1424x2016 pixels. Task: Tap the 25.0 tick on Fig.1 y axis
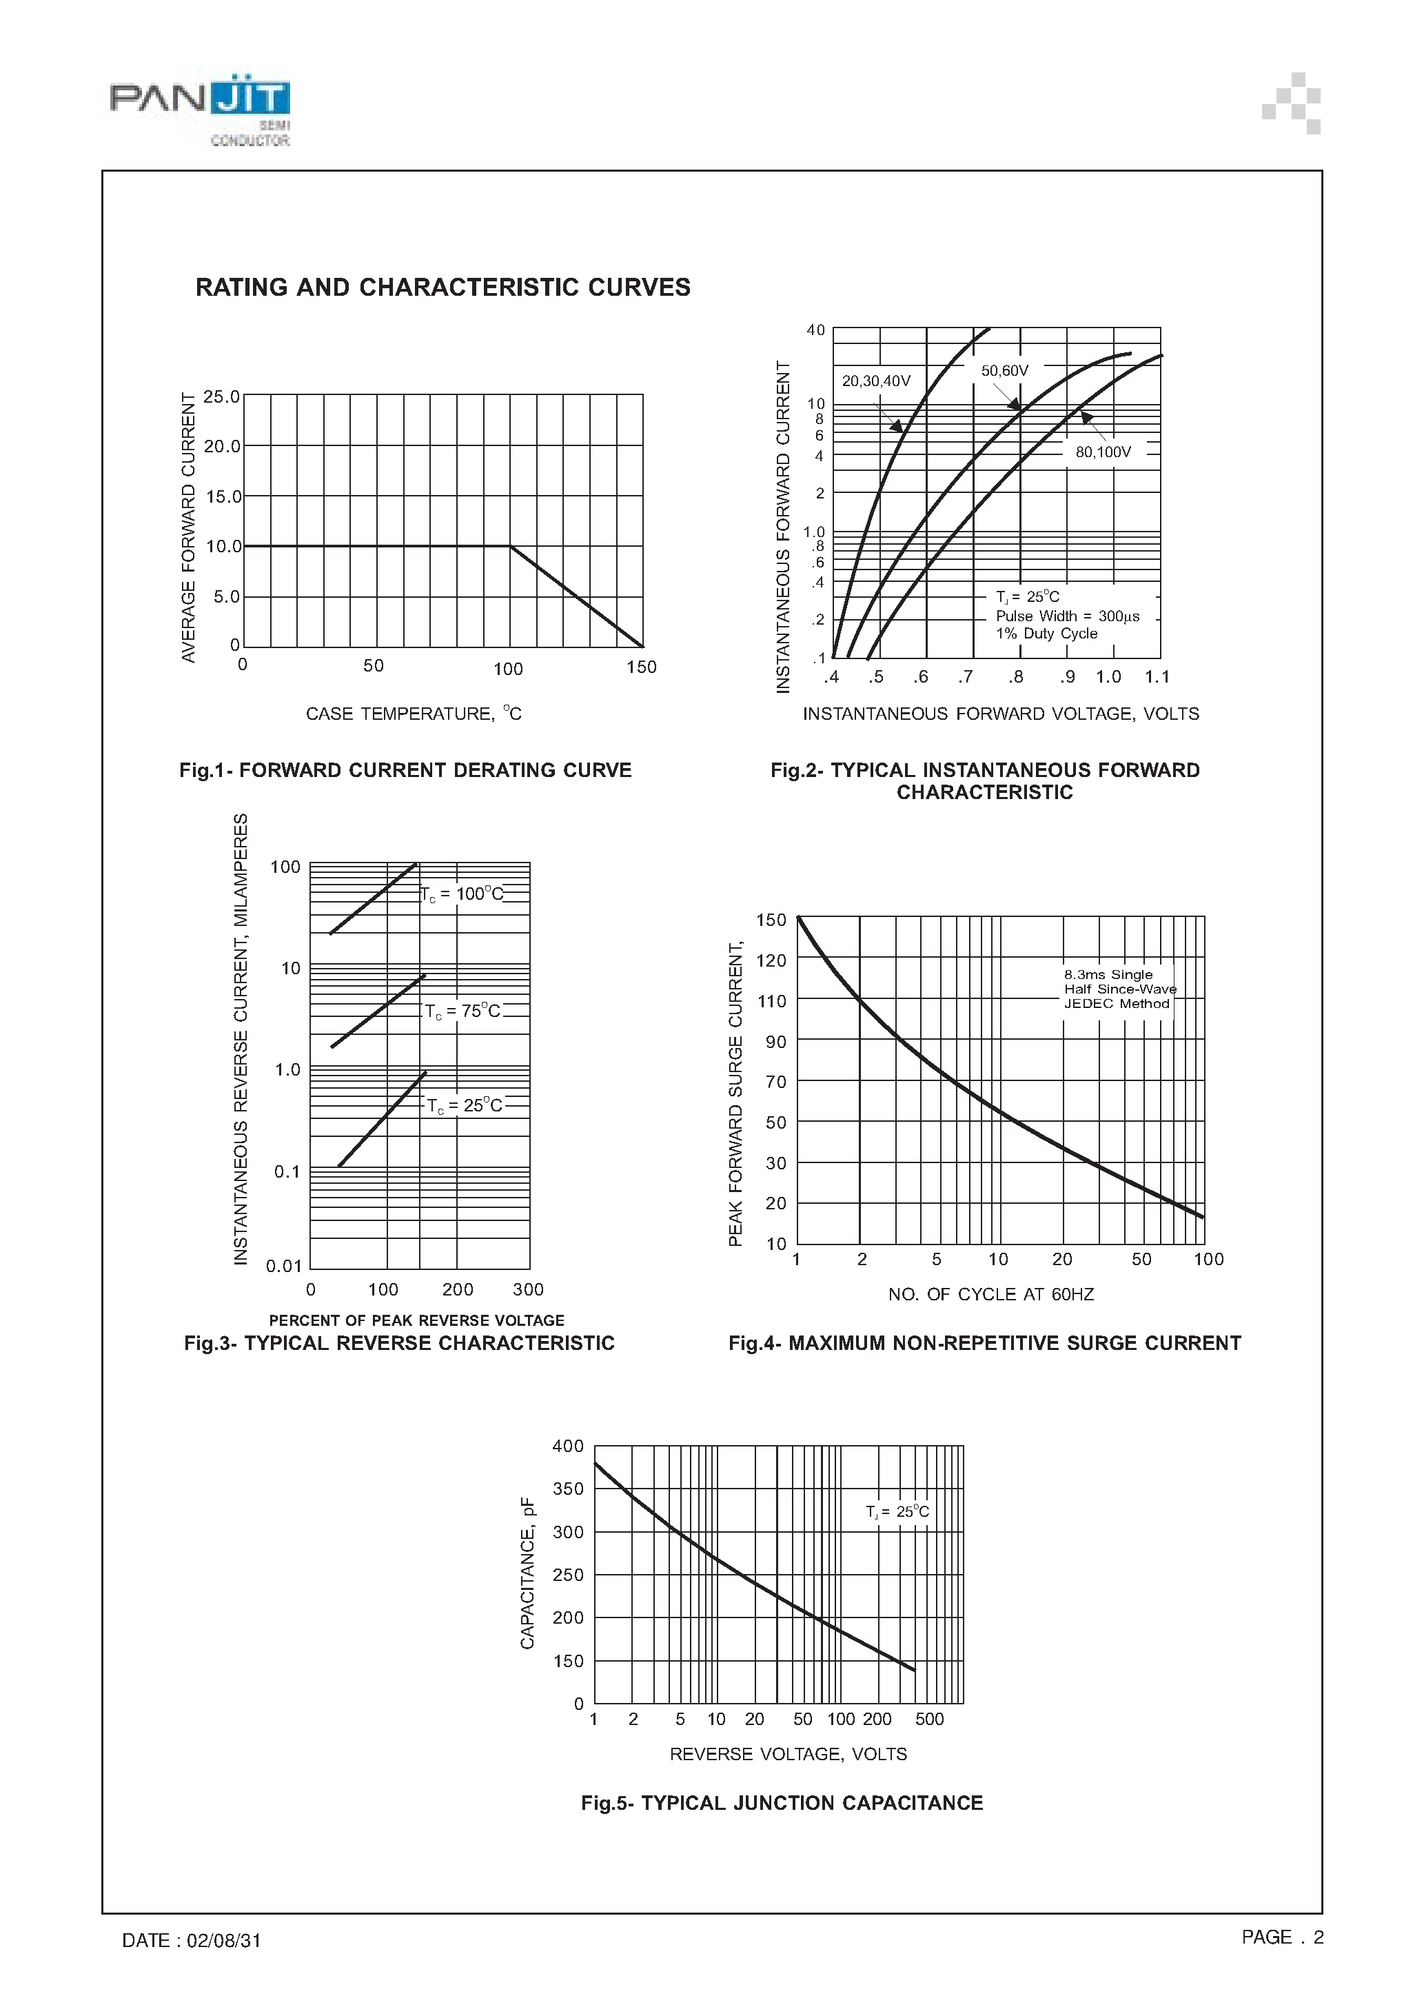pyautogui.click(x=221, y=397)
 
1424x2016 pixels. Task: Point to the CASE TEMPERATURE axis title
pyautogui.click(x=413, y=714)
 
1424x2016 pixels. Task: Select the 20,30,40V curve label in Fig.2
pyautogui.click(x=875, y=381)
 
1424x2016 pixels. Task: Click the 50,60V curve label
pyautogui.click(x=1004, y=370)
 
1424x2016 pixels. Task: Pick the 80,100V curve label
pyautogui.click(x=1103, y=452)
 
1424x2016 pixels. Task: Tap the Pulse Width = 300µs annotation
pyautogui.click(x=1067, y=616)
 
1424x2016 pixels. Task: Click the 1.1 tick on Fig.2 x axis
pyautogui.click(x=1157, y=677)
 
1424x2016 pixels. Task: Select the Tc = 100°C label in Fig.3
pyautogui.click(x=462, y=894)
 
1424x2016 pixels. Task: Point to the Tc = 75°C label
pyautogui.click(x=462, y=1011)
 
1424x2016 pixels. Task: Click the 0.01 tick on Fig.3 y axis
pyautogui.click(x=283, y=1266)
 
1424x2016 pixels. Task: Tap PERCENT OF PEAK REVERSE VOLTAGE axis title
pyautogui.click(x=416, y=1320)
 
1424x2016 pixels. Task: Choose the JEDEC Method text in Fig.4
pyautogui.click(x=1117, y=1004)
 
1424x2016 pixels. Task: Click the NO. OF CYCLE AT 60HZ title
pyautogui.click(x=990, y=1294)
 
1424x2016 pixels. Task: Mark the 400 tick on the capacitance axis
pyautogui.click(x=567, y=1446)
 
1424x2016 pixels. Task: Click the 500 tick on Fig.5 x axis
pyautogui.click(x=929, y=1720)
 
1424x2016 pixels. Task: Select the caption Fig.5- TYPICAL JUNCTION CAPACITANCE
pyautogui.click(x=782, y=1803)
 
